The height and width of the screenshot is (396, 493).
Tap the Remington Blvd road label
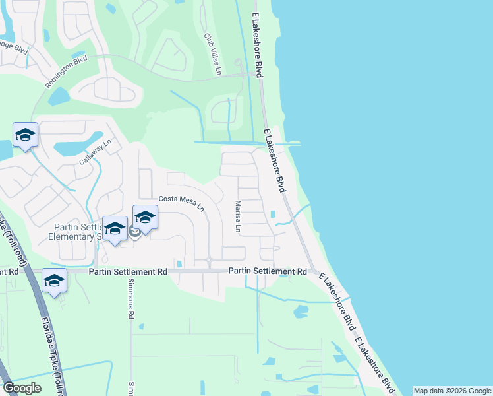[66, 72]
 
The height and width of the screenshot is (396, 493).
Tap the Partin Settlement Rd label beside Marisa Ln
[268, 271]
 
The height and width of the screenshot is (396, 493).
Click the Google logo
[22, 388]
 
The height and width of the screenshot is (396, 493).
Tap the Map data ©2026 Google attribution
[451, 391]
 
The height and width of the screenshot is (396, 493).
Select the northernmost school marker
[25, 135]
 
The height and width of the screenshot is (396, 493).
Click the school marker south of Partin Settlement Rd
[54, 280]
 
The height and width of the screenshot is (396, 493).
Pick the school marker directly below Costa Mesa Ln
[145, 216]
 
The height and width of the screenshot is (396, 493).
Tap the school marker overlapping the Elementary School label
[115, 228]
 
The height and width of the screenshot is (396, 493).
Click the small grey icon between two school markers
[133, 231]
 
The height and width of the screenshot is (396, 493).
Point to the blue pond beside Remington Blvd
[59, 97]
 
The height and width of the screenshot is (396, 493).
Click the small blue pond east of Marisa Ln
[273, 214]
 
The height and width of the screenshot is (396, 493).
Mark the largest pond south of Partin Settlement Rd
[300, 310]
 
